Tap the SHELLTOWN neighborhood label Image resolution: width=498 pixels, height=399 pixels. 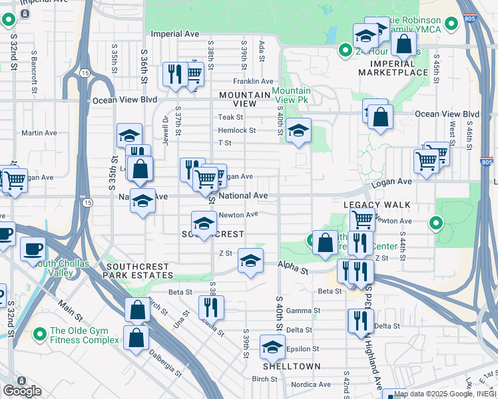tap(292, 366)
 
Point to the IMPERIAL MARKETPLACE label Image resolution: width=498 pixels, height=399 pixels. tap(393, 67)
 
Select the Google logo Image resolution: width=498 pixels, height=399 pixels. tap(22, 391)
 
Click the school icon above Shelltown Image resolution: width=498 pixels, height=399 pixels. tap(272, 346)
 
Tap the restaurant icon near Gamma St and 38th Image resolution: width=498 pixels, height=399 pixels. tap(211, 307)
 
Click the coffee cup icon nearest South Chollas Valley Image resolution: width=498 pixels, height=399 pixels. tap(33, 249)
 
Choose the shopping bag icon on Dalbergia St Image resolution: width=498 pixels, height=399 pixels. tap(136, 336)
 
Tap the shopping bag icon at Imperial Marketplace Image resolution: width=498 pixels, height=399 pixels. tap(403, 45)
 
